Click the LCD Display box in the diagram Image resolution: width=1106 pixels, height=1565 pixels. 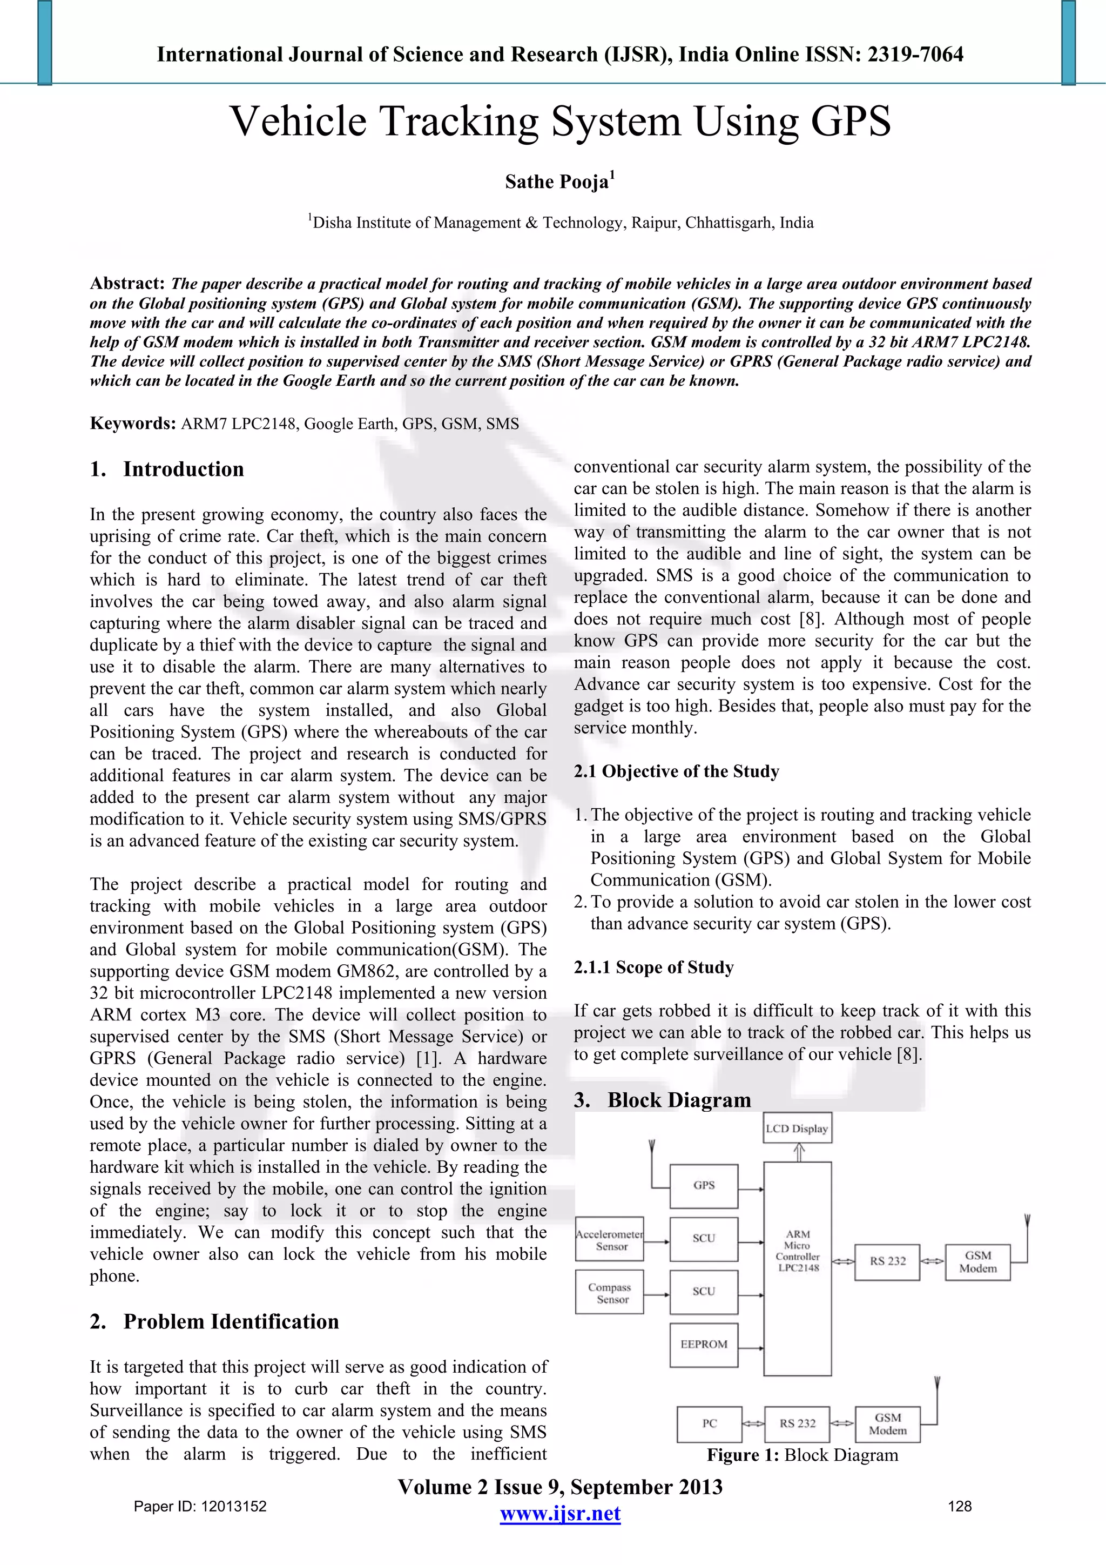pyautogui.click(x=797, y=1128)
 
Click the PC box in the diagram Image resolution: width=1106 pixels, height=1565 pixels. pyautogui.click(x=710, y=1424)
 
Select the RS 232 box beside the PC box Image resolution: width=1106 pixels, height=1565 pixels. pyautogui.click(x=797, y=1424)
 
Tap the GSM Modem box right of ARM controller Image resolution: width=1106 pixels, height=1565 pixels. pyautogui.click(x=977, y=1262)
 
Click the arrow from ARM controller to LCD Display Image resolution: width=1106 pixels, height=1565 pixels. pyautogui.click(x=799, y=1153)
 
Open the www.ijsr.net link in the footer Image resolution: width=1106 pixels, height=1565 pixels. pyautogui.click(x=560, y=1514)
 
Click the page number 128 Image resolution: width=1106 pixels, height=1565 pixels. pyautogui.click(x=960, y=1506)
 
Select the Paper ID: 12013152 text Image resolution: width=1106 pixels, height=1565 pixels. pyautogui.click(x=200, y=1506)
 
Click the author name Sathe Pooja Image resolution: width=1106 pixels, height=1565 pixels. pyautogui.click(x=557, y=182)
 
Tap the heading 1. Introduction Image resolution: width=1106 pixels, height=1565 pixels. pyautogui.click(x=167, y=469)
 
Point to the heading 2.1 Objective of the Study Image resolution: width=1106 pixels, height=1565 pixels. pyautogui.click(x=676, y=771)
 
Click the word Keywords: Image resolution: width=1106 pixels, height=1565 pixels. pyautogui.click(x=133, y=424)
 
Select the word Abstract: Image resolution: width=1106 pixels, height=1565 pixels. pyautogui.click(x=127, y=284)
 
